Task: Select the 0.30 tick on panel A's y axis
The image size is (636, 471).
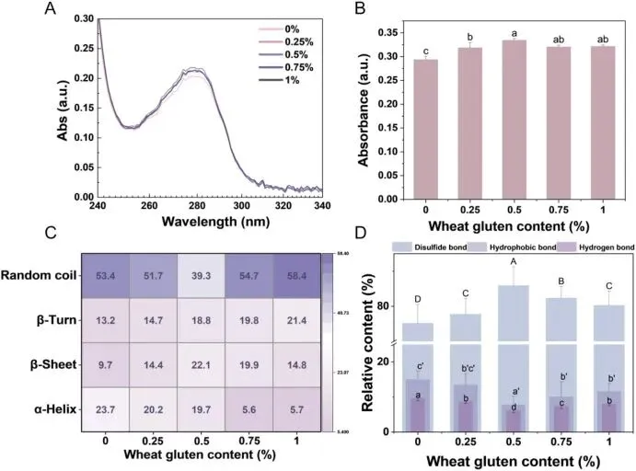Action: click(81, 18)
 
